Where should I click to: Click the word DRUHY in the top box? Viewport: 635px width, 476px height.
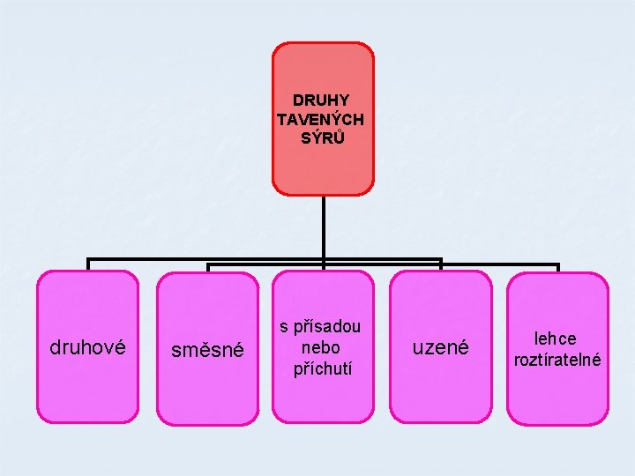pos(321,100)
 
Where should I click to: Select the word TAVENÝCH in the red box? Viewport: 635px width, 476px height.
pos(321,119)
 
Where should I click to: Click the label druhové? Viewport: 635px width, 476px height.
pos(87,348)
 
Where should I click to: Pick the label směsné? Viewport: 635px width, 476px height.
pos(207,350)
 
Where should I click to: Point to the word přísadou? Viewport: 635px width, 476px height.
pos(328,327)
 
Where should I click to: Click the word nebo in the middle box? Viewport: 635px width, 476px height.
pos(321,347)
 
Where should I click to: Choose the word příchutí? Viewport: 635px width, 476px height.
pos(322,368)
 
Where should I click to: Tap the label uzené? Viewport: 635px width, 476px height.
pos(441,348)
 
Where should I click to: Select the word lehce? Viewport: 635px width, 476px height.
pos(556,338)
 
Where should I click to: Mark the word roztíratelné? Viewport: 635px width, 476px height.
pos(557,360)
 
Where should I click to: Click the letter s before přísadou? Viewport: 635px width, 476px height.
pos(285,327)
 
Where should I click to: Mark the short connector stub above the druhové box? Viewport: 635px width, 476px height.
pos(87,264)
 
